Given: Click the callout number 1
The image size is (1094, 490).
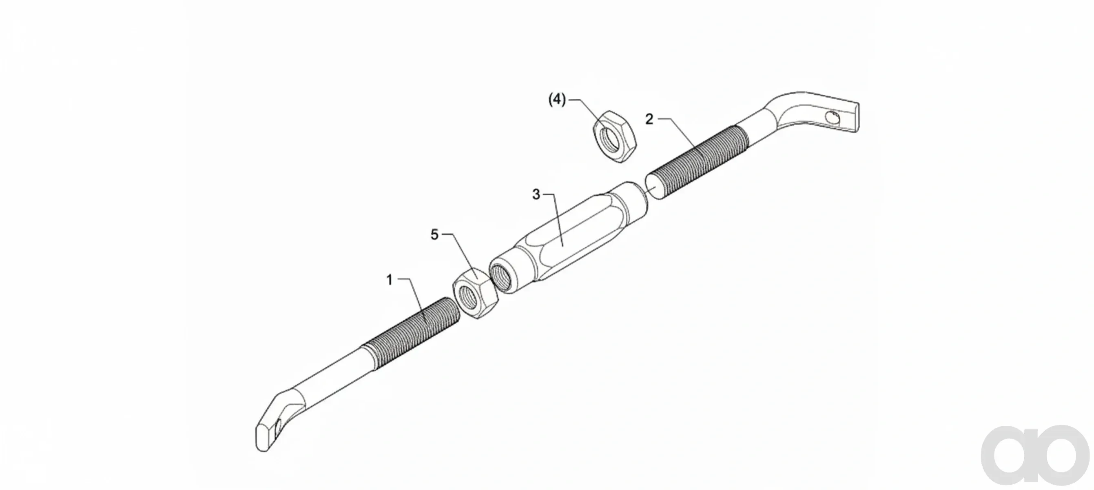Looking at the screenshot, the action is pos(390,281).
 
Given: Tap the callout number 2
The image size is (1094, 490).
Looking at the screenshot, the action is pos(649,119).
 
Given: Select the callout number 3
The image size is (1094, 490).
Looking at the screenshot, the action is pos(536,195).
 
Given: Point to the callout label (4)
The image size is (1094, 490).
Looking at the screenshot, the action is pos(557,100).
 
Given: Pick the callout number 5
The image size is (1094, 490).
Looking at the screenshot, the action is pos(434,235).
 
